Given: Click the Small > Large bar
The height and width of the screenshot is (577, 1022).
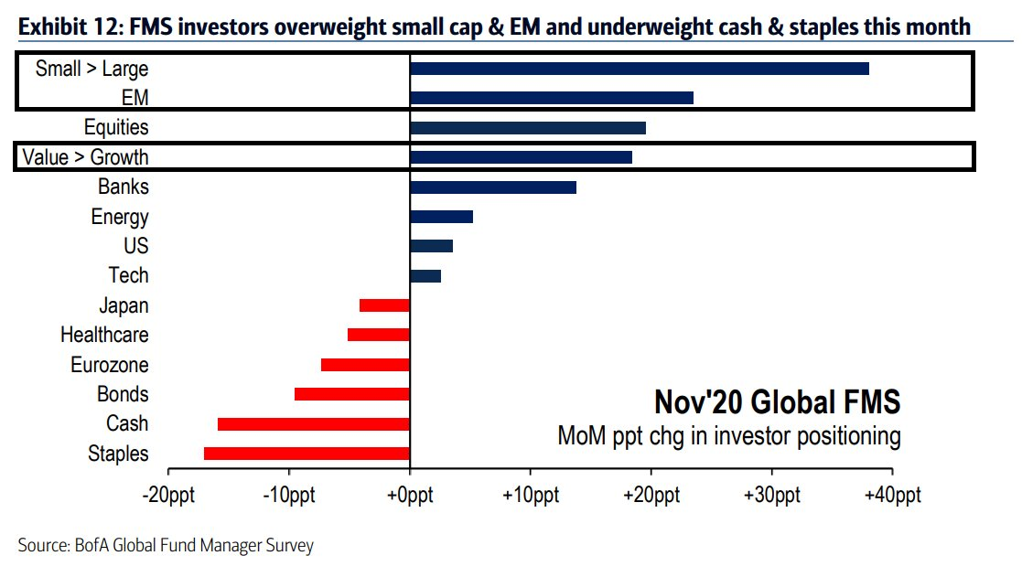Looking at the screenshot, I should tap(639, 69).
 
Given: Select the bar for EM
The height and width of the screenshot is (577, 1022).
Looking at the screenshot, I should tap(551, 98).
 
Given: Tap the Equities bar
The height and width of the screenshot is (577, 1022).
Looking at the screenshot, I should tap(527, 128).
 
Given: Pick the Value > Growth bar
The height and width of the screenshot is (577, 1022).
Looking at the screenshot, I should tap(521, 157).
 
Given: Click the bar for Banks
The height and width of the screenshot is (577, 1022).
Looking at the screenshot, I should tap(493, 187).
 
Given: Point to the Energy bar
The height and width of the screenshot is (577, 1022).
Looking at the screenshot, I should tap(441, 217).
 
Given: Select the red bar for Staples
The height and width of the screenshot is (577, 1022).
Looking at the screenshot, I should tap(307, 454).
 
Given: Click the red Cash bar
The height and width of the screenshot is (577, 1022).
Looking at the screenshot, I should tap(313, 424).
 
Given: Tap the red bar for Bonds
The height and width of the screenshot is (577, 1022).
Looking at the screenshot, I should tap(352, 394).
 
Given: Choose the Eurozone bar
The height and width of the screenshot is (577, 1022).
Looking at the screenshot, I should tap(365, 365).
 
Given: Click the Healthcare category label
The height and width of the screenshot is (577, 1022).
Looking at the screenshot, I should tap(104, 336).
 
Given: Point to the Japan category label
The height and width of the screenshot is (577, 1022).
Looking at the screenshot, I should tap(124, 305).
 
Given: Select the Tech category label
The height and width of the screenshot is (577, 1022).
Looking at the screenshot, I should tap(128, 275).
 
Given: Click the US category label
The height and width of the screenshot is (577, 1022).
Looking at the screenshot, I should tap(135, 246).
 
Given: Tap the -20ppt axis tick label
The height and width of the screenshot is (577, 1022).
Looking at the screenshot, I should tap(168, 496).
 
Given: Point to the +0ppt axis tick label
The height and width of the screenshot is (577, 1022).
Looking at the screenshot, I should tap(409, 496).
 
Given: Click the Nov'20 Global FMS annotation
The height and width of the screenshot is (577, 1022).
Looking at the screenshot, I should tap(777, 401).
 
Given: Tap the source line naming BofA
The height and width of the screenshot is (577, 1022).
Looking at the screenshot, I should tap(166, 546).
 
